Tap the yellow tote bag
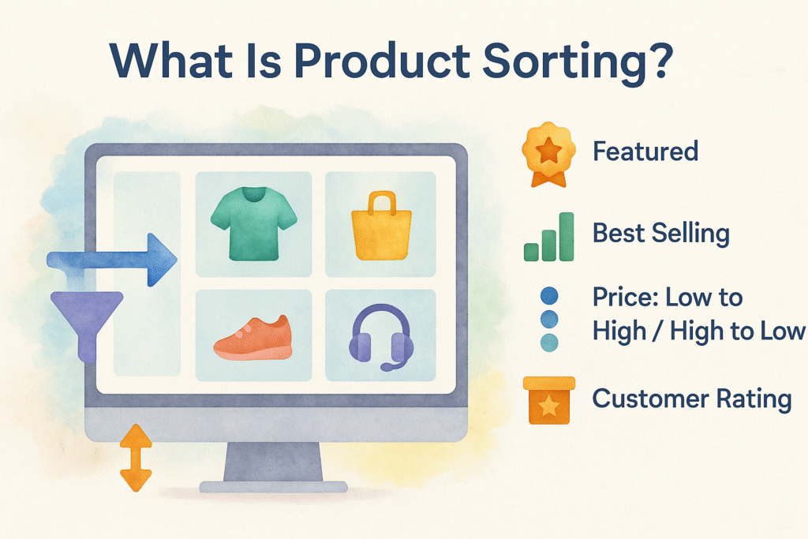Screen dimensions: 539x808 [x=381, y=230]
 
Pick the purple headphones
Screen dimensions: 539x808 [x=380, y=338]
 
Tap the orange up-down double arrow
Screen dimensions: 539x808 [x=136, y=458]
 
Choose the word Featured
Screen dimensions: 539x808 [x=645, y=151]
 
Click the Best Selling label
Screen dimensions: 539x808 [x=660, y=234]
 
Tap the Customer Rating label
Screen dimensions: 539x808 [x=691, y=399]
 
